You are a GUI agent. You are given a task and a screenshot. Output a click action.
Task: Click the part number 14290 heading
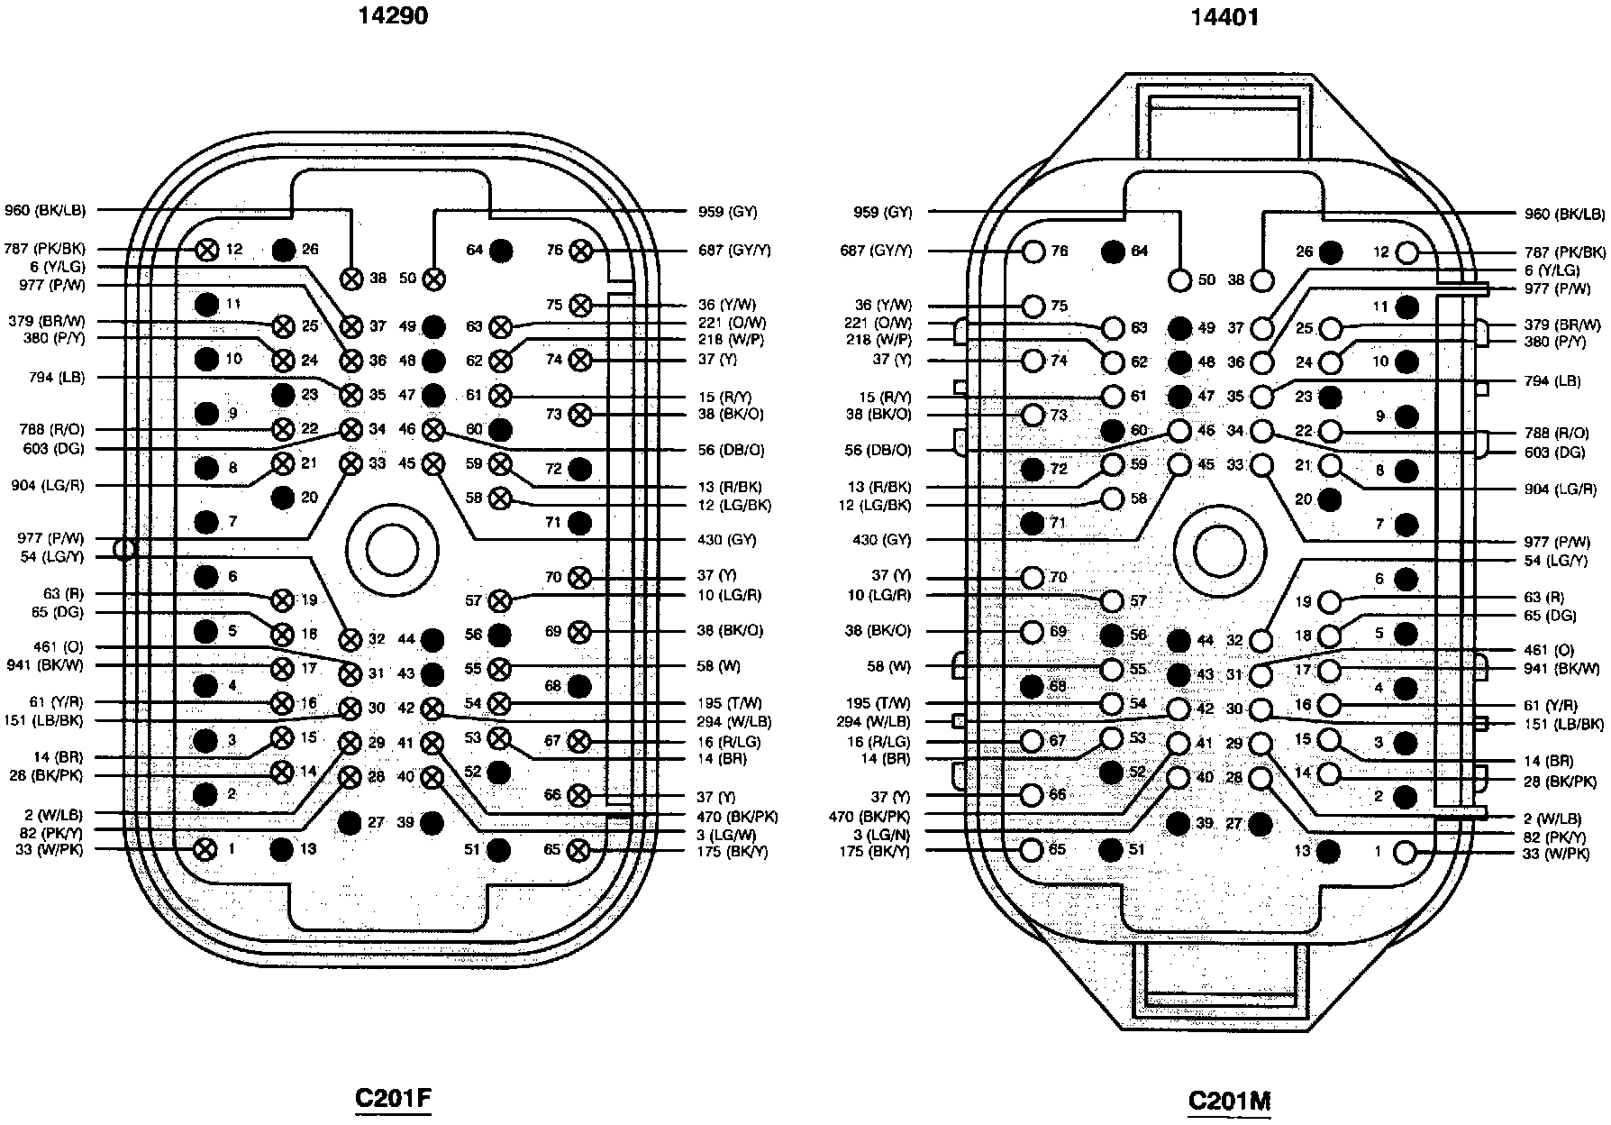[392, 15]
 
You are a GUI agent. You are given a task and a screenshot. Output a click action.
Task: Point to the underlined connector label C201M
[1229, 1101]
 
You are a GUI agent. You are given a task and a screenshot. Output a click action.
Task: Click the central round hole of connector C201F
[392, 549]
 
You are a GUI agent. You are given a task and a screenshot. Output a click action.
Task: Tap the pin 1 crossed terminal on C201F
[206, 848]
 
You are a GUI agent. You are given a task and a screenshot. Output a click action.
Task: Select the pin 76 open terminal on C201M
[1033, 252]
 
